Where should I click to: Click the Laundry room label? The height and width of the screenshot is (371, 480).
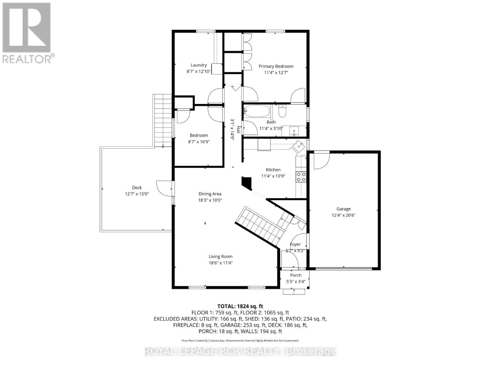[x=198, y=65]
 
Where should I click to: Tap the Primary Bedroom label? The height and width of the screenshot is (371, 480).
[x=276, y=66]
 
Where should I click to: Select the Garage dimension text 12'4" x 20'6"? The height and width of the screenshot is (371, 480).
[x=343, y=215]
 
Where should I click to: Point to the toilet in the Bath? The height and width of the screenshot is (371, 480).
[x=282, y=111]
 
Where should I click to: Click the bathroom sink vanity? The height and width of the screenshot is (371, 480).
[x=294, y=131]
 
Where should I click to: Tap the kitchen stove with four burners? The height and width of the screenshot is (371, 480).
[x=301, y=177]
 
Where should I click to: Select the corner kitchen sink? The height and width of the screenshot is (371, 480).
[x=298, y=146]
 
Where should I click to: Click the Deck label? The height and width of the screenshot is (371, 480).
[x=137, y=188]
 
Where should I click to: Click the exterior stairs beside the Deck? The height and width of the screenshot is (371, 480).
[x=162, y=121]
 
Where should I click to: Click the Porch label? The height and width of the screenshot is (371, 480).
[x=295, y=275]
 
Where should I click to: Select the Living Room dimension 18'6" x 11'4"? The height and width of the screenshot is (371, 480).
[x=220, y=263]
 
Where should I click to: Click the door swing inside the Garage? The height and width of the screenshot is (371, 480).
[x=321, y=161]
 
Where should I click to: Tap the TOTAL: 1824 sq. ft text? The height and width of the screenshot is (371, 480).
[x=240, y=306]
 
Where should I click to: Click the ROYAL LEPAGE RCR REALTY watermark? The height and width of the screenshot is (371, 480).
[x=240, y=352]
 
